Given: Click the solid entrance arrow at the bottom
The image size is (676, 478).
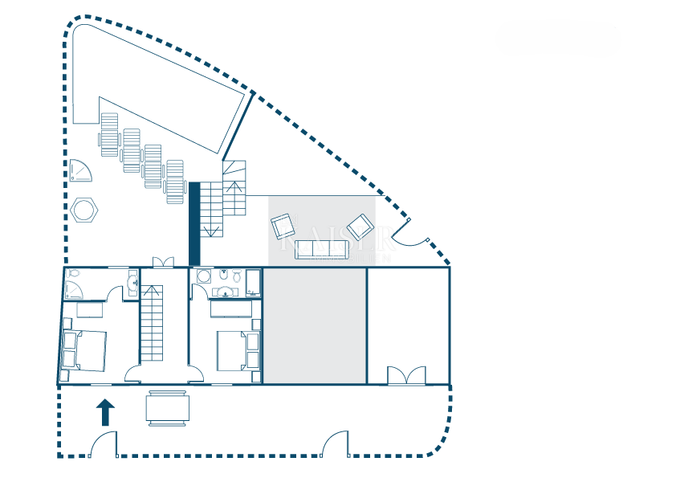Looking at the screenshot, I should click(x=105, y=412).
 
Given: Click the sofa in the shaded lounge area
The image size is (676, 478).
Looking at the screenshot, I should click(x=321, y=249).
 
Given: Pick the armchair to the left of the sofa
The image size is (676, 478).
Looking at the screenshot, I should click(x=283, y=226).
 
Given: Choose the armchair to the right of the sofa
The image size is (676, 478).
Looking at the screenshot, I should click(x=360, y=227).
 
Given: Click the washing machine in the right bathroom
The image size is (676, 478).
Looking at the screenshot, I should click(x=253, y=281).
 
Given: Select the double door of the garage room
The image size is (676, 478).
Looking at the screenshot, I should click(x=406, y=375).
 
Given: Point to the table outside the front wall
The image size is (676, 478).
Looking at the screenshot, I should click(x=168, y=408).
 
